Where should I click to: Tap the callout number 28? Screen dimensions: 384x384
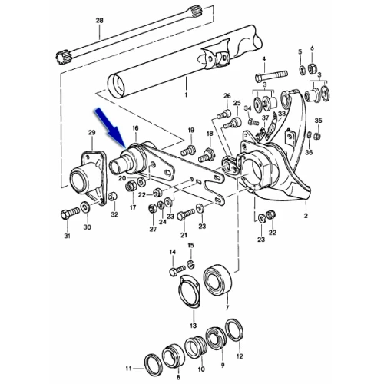[x=99, y=20]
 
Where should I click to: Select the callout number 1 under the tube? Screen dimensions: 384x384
[x=186, y=94]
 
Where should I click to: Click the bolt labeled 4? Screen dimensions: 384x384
[x=271, y=75]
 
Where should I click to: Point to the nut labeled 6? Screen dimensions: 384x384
[x=312, y=68]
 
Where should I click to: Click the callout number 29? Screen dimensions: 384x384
[x=92, y=133]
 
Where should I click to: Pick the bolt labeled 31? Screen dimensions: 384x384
[x=70, y=213]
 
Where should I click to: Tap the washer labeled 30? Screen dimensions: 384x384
[x=85, y=207]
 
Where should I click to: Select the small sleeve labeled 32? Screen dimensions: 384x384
[x=112, y=197]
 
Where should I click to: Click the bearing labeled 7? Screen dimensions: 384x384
[x=217, y=280]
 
